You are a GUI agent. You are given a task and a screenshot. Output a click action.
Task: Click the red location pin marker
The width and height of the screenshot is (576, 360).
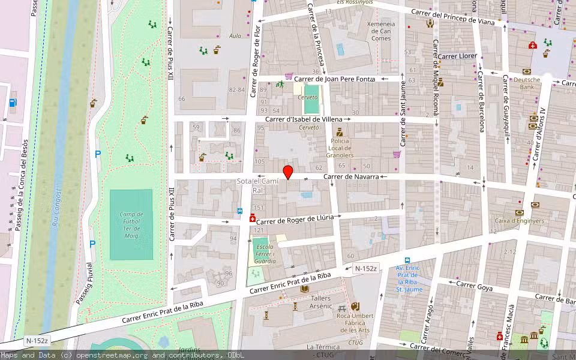pos(288,172)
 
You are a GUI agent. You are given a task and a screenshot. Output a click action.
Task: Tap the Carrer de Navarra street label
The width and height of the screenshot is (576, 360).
pos(351,177)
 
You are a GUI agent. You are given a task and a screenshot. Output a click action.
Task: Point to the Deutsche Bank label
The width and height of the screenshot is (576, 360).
pos(527,83)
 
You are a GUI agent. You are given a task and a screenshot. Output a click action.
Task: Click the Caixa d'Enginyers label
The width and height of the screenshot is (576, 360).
pos(520,221)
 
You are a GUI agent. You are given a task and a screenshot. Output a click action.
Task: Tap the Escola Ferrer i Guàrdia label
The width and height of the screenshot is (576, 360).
pos(265,254)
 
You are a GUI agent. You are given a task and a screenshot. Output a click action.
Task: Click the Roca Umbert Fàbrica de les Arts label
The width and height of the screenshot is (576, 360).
pos(355,323)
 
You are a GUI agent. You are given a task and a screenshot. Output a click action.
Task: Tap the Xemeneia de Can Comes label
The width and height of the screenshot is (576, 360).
pos(380,31)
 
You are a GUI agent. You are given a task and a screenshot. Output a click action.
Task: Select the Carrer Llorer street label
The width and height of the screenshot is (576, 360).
pos(457,56)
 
